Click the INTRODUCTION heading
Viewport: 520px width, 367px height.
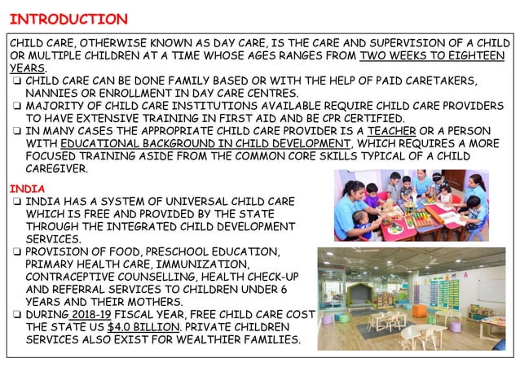tap(68, 18)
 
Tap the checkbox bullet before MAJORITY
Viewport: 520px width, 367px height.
tap(15, 107)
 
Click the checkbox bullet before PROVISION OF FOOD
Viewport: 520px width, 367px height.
tap(15, 251)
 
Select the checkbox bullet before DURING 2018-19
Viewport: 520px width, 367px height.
tap(15, 315)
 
